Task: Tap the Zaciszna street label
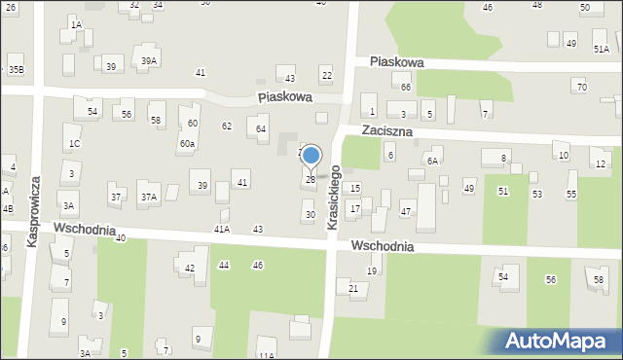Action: [387, 129]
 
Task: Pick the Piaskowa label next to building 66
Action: [396, 62]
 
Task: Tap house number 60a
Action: [187, 143]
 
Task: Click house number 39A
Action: [148, 60]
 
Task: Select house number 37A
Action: [149, 197]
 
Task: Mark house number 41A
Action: [222, 229]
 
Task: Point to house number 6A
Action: [432, 161]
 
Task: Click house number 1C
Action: [74, 144]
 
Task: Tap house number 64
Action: [261, 128]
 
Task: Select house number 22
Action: [326, 76]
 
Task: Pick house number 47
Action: [406, 211]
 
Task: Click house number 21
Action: [353, 288]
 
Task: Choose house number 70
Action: [581, 88]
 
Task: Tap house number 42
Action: [190, 268]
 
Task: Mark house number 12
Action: [600, 163]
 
